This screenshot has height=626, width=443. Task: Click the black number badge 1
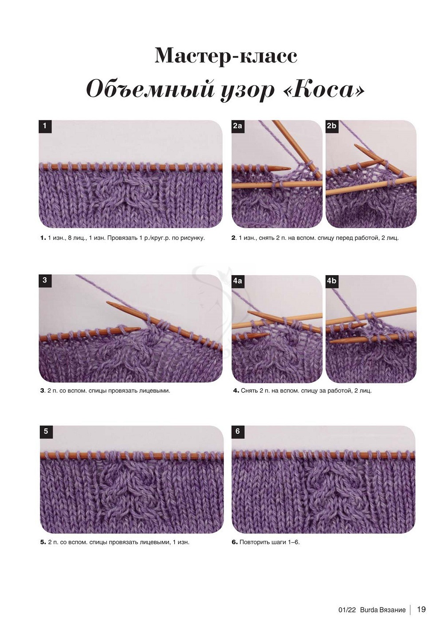click(45, 126)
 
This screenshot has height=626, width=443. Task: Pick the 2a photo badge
click(237, 126)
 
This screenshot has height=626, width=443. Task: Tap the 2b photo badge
click(332, 126)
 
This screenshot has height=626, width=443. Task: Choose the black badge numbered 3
click(45, 280)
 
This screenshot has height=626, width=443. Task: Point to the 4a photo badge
click(237, 281)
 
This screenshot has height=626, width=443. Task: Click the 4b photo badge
click(332, 281)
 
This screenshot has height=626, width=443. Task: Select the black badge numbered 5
click(46, 432)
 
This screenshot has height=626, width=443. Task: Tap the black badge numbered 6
click(237, 432)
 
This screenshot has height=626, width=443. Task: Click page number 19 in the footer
click(421, 607)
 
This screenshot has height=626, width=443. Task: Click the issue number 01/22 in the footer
click(347, 608)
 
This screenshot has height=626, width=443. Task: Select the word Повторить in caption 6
click(255, 542)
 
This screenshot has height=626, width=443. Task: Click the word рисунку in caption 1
click(193, 238)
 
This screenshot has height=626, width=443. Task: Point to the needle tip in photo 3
click(109, 303)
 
